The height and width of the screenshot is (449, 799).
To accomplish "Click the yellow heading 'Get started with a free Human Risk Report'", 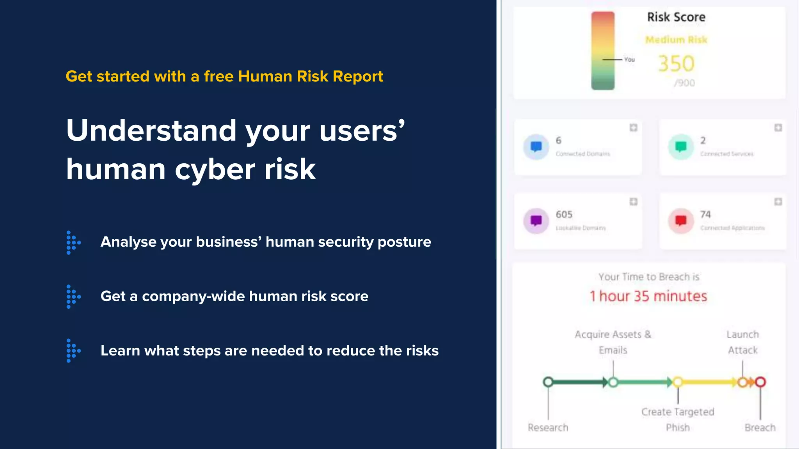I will point(224,76).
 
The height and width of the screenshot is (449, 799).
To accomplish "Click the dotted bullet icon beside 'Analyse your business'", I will point(73,242).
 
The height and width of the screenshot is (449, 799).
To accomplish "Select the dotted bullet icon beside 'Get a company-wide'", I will point(73,297).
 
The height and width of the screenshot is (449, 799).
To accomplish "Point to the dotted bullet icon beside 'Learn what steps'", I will point(73,351).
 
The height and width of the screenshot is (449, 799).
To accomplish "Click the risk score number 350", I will point(676,64).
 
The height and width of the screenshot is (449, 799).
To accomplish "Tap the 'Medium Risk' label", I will point(676,40).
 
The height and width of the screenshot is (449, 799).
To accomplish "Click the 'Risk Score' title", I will point(676,17).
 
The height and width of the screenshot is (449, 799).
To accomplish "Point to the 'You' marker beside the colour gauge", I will point(629,60).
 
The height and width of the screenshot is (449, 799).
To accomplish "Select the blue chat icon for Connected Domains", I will point(536,147).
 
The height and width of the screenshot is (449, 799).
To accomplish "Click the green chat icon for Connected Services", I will point(681,147).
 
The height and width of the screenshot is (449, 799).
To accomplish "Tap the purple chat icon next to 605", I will point(536,221).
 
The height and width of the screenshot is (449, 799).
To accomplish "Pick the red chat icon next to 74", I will point(681,221).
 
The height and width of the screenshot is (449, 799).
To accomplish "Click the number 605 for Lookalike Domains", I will point(564,214).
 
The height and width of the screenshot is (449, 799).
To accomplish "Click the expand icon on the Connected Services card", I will point(778,128).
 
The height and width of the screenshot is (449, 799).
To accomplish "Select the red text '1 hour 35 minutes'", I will point(648,296).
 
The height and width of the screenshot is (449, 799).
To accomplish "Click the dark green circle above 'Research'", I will point(548,382).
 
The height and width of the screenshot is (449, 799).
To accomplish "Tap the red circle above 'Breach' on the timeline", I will point(760,382).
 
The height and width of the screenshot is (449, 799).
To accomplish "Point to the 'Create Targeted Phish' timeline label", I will point(678,419).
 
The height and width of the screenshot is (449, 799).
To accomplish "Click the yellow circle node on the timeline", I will point(678,382).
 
